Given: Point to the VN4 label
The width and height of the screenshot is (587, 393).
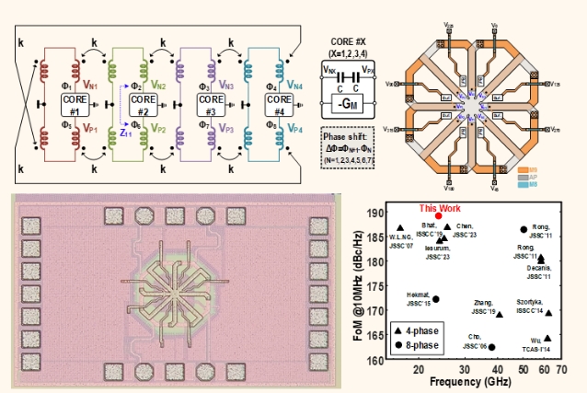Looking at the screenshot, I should pyautogui.click(x=295, y=83).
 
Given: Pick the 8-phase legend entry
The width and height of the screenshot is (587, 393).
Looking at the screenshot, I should pyautogui.click(x=422, y=345).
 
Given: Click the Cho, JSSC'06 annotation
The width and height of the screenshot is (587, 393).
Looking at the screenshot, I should pyautogui.click(x=475, y=341).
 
